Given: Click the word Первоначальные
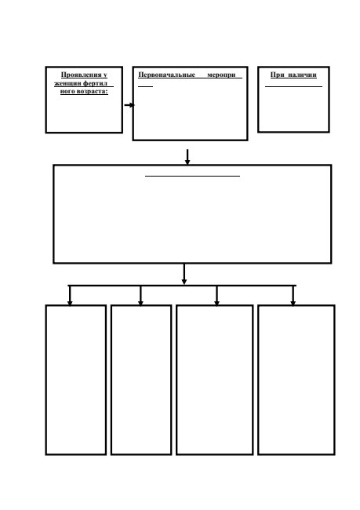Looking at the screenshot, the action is [x=166, y=75].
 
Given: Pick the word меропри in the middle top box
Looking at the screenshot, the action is [x=221, y=75].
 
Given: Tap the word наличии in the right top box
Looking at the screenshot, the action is [x=302, y=75].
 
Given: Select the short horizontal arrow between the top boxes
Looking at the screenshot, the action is [x=129, y=105].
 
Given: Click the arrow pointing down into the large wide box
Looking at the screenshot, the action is [x=187, y=157].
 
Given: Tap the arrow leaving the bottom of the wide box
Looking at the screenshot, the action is [x=184, y=274].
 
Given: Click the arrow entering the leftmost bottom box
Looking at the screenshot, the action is [x=70, y=296].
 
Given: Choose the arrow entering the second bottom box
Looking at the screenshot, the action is [x=140, y=296].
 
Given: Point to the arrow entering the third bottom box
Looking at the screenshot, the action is [x=216, y=296].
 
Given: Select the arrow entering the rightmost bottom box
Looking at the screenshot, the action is [x=293, y=296].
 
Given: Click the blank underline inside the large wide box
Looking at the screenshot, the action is [x=192, y=177].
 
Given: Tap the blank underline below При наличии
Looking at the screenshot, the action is [x=293, y=87].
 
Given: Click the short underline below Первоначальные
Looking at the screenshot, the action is [x=145, y=87].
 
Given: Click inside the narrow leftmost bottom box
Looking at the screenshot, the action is [x=76, y=380].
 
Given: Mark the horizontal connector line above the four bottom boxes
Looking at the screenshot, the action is [x=182, y=286].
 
